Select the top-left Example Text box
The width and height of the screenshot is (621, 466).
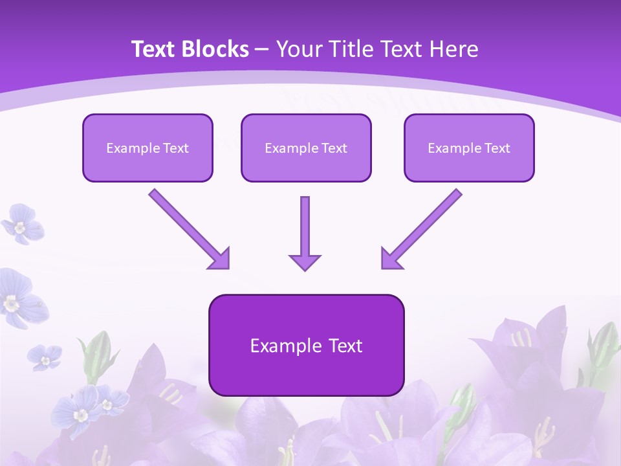[147, 148]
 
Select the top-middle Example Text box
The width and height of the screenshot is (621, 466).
[306, 148]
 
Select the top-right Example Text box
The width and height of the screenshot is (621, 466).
[469, 148]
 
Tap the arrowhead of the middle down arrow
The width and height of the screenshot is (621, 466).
[305, 261]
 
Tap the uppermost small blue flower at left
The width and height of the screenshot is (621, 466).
[21, 224]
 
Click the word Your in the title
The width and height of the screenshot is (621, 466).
[296, 49]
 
